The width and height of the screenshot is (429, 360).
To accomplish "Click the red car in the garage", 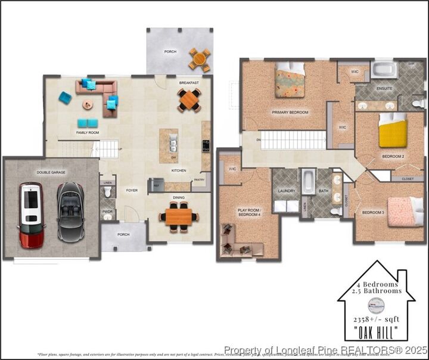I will pyautogui.click(x=31, y=215).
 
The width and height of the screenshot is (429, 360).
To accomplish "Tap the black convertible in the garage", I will pyautogui.click(x=70, y=212).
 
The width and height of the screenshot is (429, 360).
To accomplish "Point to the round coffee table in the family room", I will pyautogui.click(x=88, y=105).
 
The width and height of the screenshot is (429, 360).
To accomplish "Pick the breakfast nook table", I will pyautogui.click(x=189, y=100).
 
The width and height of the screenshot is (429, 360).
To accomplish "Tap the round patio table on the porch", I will pyautogui.click(x=200, y=59).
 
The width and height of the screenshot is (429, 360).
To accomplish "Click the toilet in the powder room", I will pyautogui.click(x=108, y=192).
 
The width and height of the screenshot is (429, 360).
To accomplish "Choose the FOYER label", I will pyautogui.click(x=132, y=191).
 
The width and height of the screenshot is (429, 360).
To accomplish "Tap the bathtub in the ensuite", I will pyautogui.click(x=384, y=70).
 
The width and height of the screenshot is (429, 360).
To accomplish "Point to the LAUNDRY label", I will pyautogui.click(x=285, y=191).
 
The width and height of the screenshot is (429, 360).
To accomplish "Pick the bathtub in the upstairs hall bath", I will pyautogui.click(x=308, y=181).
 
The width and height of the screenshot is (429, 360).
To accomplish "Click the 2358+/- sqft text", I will pyautogui.click(x=375, y=319).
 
